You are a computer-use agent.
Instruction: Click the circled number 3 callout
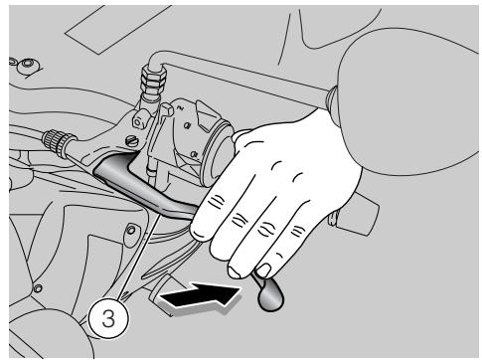point(108,318)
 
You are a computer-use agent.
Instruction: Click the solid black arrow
point(200,294)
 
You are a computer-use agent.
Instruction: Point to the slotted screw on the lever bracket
point(131,141)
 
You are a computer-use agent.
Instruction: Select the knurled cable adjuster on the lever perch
point(57,142)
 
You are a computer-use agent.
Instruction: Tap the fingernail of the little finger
point(263,270)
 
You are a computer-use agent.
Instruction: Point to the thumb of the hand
point(243,136)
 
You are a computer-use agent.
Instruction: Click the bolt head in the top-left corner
point(27,67)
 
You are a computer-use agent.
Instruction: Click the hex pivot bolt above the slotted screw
point(138,120)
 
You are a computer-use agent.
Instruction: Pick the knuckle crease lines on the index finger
point(216,202)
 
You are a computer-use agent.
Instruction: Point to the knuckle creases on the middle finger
point(240,220)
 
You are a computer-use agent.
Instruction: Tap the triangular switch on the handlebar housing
point(208,114)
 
